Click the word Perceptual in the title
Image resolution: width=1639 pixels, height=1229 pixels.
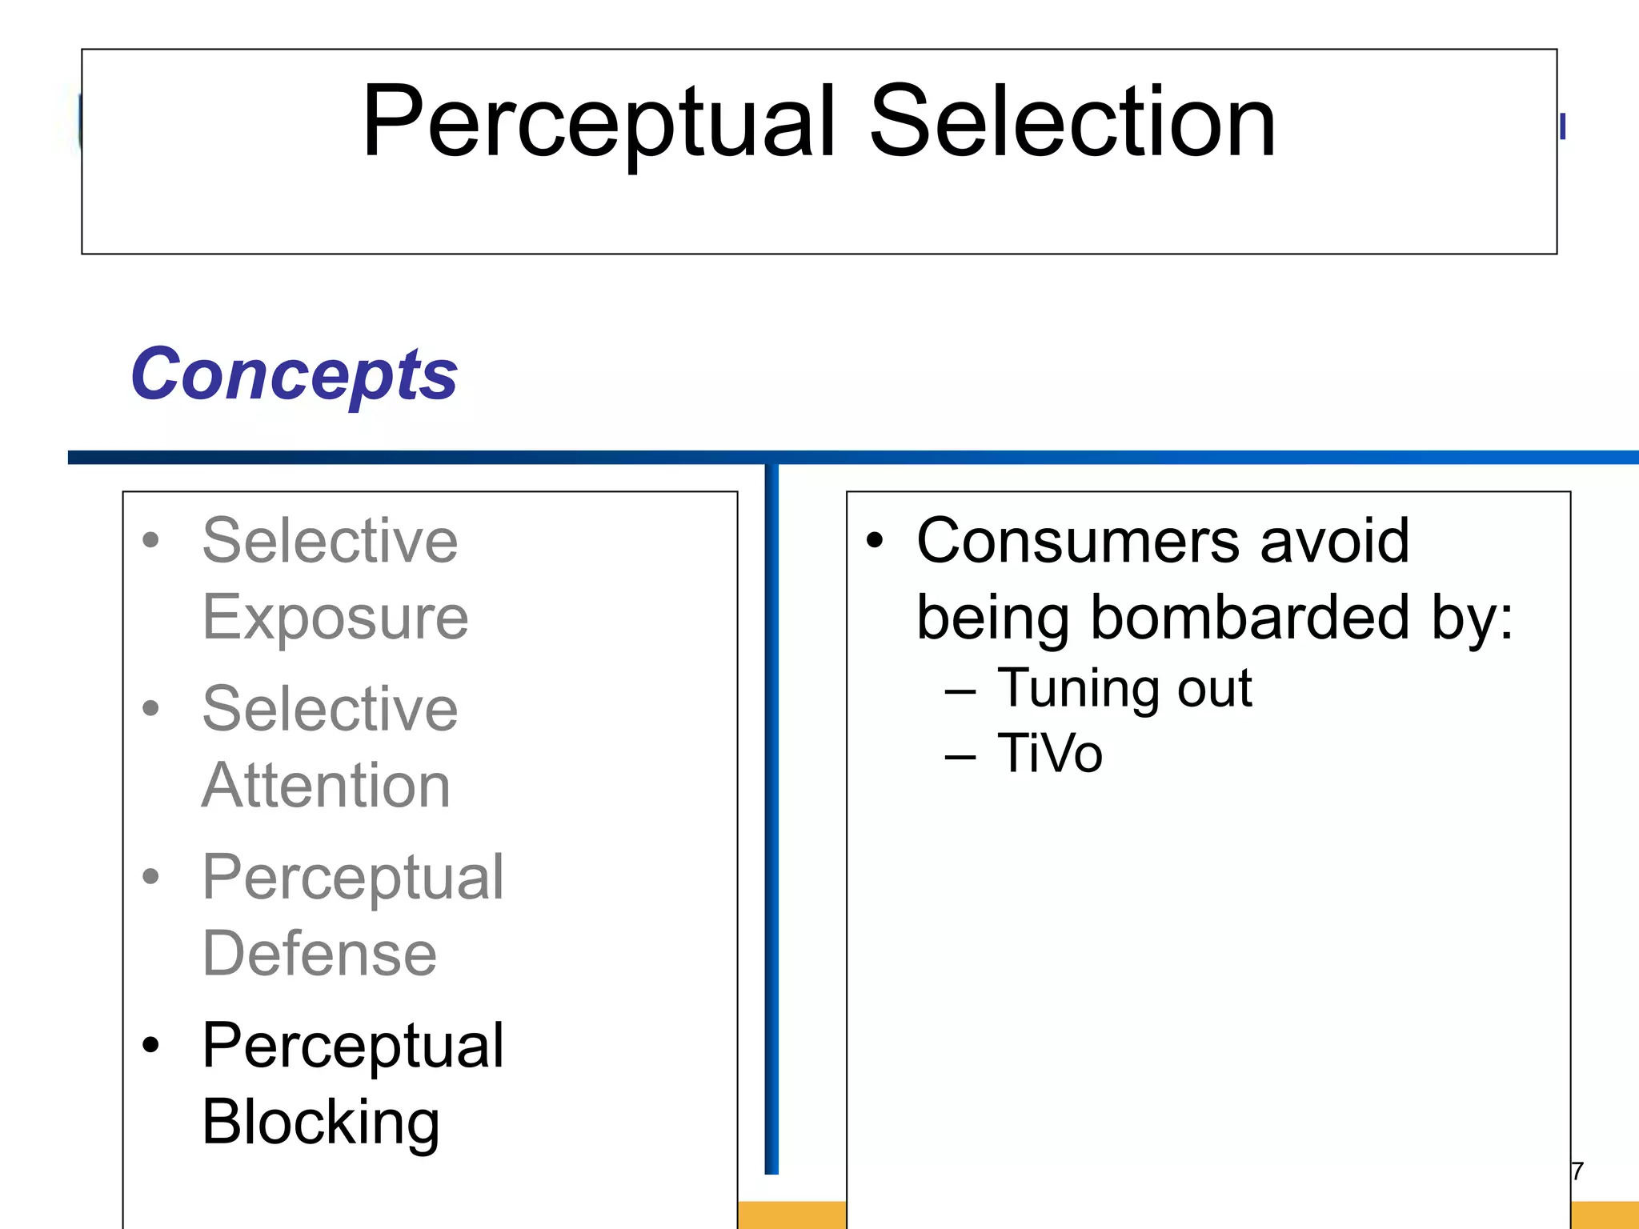tap(599, 124)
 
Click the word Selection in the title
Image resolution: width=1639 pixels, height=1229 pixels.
tap(1072, 124)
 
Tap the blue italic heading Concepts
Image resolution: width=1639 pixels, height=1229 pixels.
tap(294, 374)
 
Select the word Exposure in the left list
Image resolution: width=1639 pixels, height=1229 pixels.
tap(335, 618)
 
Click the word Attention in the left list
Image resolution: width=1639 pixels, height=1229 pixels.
tap(326, 786)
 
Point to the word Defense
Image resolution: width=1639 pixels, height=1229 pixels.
tap(319, 954)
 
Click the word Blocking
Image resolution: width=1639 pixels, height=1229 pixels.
tap(321, 1123)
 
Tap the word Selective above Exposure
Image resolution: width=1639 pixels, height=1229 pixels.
tap(330, 541)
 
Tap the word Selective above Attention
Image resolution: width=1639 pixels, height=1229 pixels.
tap(330, 709)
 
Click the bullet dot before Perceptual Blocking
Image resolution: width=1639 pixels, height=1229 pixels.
tap(150, 1045)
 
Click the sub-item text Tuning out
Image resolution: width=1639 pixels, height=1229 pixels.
tap(1124, 688)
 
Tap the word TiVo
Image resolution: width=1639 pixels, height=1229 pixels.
tap(1050, 754)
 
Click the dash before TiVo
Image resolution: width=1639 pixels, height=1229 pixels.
tap(960, 755)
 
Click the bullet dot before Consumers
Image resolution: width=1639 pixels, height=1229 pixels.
tap(875, 542)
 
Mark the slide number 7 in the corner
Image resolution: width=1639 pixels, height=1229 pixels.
tap(1577, 1171)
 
